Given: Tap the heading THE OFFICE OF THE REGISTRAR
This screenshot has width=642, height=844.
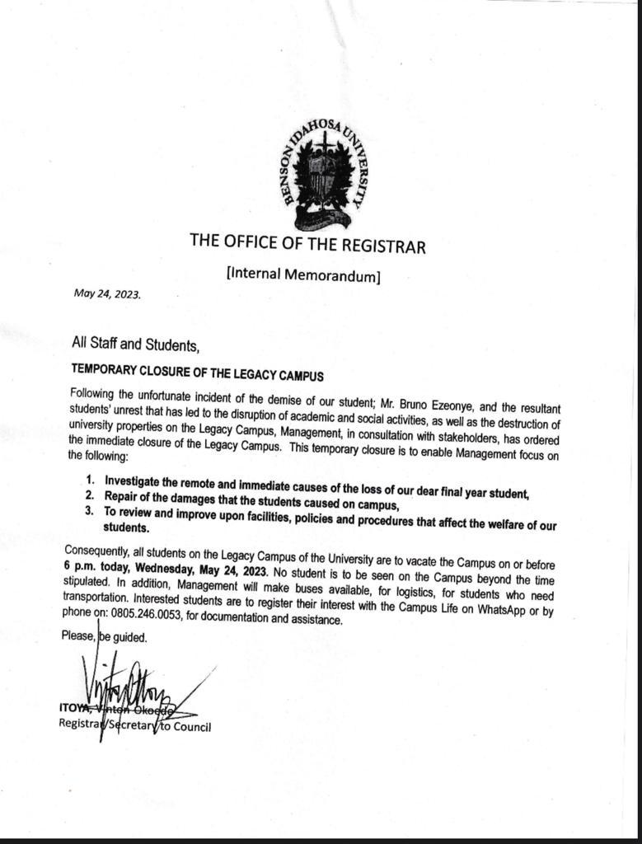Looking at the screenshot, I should click(x=307, y=242).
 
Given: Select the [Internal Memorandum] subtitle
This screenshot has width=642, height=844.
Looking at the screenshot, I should click(x=302, y=274).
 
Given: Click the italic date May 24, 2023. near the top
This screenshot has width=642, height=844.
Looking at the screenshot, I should click(x=107, y=292).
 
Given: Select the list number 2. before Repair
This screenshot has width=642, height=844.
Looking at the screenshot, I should click(x=90, y=495).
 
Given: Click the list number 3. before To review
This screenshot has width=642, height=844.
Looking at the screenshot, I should click(x=90, y=511).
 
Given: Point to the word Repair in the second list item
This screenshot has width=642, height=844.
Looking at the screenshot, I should click(x=121, y=495).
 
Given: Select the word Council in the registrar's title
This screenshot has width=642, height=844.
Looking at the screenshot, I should click(x=190, y=726).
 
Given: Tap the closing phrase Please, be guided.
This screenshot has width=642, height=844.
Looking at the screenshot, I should click(x=104, y=636).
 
